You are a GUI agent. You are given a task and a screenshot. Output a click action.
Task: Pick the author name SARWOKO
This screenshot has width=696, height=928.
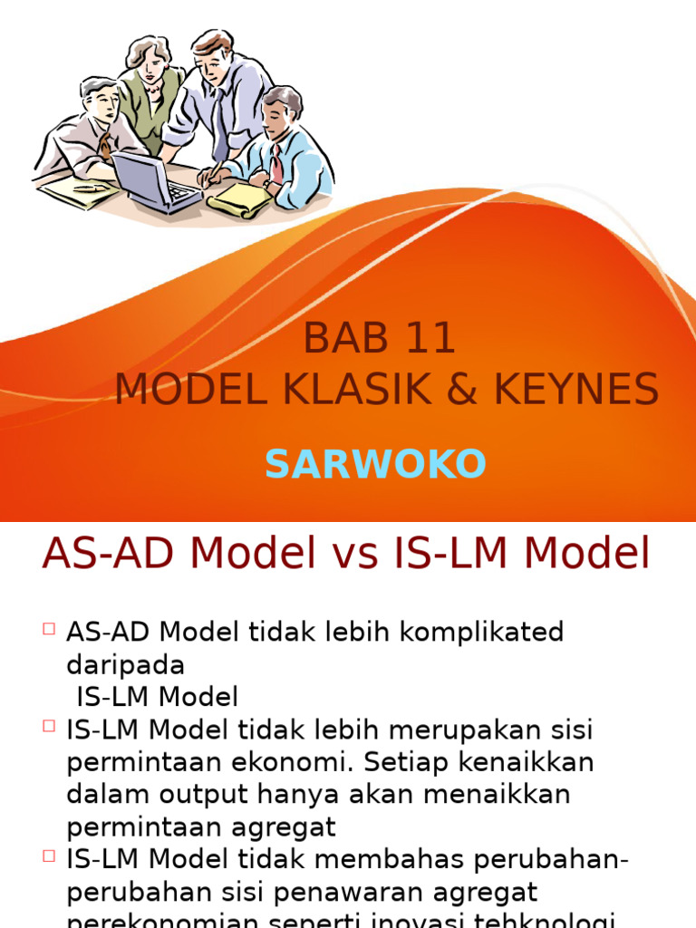point(375,465)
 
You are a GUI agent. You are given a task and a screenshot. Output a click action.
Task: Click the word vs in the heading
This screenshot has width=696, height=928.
point(357,554)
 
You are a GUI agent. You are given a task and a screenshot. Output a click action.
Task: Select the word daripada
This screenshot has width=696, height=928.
point(125,665)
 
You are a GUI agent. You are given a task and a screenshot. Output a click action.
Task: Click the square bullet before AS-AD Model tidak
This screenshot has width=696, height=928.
point(48,629)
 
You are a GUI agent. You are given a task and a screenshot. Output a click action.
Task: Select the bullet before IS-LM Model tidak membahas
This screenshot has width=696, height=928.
point(48,857)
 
